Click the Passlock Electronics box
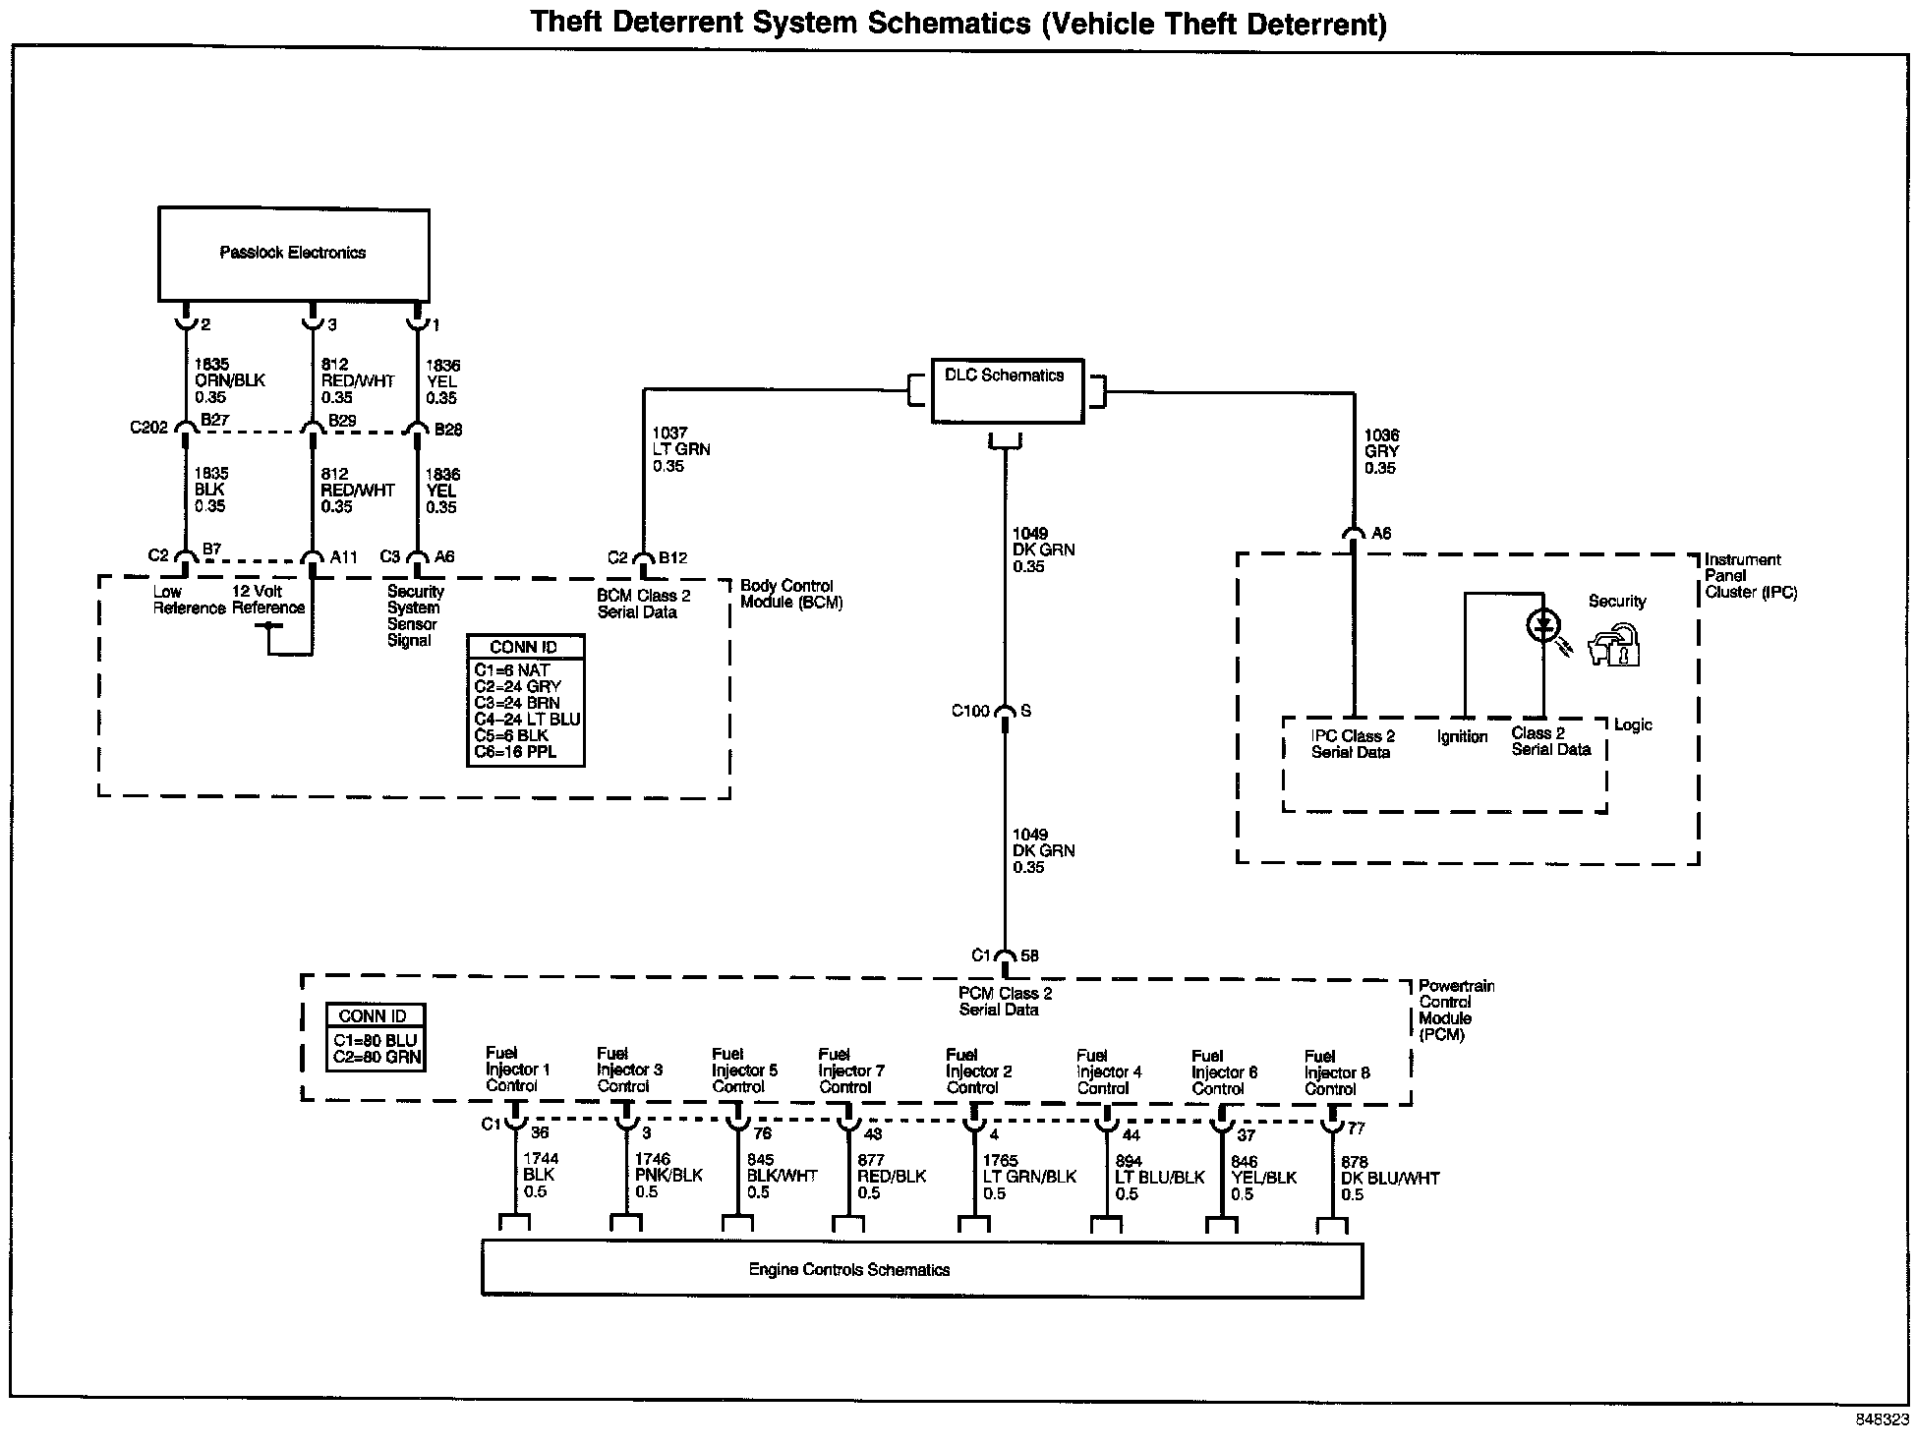tap(293, 254)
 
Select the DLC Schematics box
tap(1007, 390)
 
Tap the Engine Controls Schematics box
tap(921, 1270)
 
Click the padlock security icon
tap(1614, 645)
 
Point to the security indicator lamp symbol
tap(1543, 623)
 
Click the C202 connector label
tap(148, 428)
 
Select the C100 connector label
tap(969, 711)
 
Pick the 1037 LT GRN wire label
tap(680, 449)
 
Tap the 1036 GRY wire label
tap(1381, 451)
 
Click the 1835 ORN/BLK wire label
tap(229, 380)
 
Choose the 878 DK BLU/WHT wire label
tap(1389, 1178)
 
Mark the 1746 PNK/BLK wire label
tap(668, 1176)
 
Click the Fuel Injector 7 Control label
tap(851, 1071)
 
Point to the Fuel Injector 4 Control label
tap(1109, 1071)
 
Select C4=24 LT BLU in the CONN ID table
tap(527, 719)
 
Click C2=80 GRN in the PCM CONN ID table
tap(376, 1058)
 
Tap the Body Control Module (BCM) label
tap(790, 594)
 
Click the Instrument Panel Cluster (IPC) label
tap(1750, 576)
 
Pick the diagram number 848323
tap(1882, 1419)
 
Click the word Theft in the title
tap(564, 23)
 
